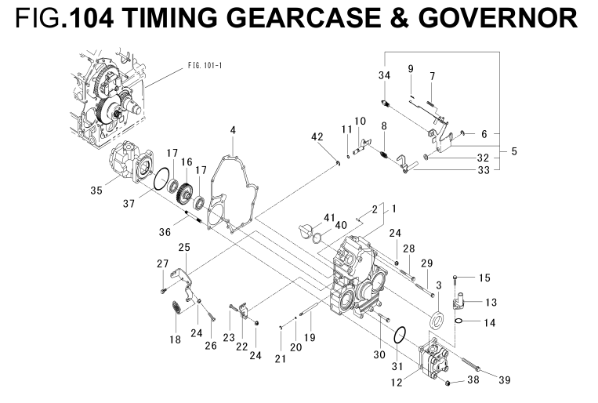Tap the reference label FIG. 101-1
(206, 64)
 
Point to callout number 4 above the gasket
(233, 129)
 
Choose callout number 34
(384, 75)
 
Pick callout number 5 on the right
(514, 150)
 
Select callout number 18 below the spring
(175, 339)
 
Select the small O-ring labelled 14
(464, 320)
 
